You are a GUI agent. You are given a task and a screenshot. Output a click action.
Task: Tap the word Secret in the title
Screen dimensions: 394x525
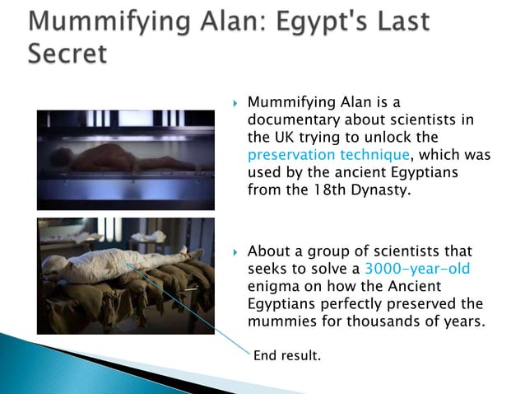point(67,54)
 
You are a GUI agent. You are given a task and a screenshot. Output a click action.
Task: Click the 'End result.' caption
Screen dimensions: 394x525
point(286,356)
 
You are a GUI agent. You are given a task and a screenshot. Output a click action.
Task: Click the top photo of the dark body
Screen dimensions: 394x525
point(125,160)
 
